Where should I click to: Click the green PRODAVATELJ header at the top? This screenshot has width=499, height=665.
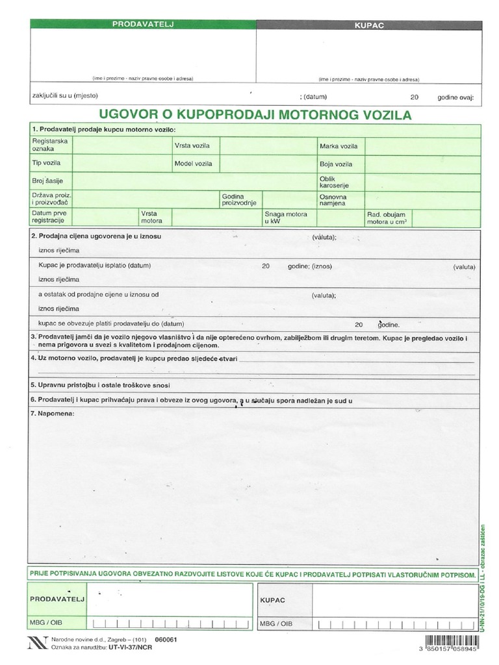[x=142, y=25]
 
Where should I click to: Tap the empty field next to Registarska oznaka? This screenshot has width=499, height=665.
[x=122, y=144]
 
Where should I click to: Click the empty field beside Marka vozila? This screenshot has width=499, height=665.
[x=422, y=145]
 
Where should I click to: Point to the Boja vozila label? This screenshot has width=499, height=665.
[x=335, y=164]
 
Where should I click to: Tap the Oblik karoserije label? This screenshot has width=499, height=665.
[x=334, y=182]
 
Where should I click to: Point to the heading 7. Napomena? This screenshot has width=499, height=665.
[x=53, y=414]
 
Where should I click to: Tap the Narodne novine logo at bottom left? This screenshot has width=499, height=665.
[x=36, y=643]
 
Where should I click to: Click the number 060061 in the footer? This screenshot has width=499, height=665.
[x=166, y=639]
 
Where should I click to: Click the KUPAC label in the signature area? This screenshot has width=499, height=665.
[x=273, y=600]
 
